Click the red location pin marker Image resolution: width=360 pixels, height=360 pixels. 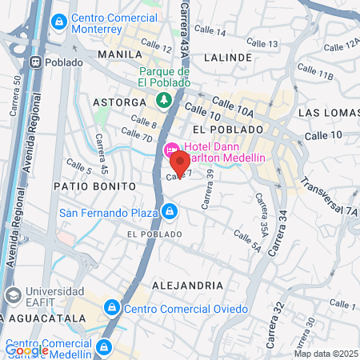tap(182, 162)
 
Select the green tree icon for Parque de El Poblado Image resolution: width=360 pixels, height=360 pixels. tap(163, 100)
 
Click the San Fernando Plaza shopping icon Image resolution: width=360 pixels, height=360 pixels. tap(169, 211)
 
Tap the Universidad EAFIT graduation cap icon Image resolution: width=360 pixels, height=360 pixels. tap(13, 295)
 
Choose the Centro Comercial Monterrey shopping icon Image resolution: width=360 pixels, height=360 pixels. tap(58, 23)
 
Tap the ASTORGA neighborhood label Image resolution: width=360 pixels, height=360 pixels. tap(119, 102)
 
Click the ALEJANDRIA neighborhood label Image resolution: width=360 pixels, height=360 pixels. tap(186, 285)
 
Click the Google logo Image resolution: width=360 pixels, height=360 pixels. tap(26, 350)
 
